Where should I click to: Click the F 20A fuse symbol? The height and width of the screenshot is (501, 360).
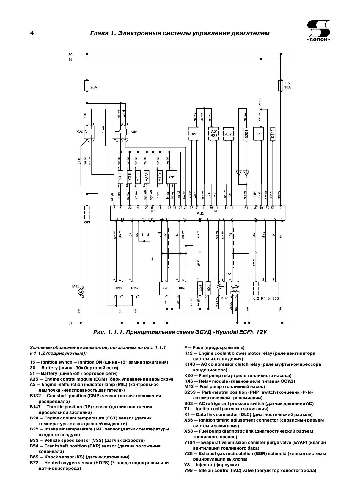click(87, 85)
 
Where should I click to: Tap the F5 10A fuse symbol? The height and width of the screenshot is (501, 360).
click(280, 85)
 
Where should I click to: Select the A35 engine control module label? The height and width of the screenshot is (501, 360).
click(201, 213)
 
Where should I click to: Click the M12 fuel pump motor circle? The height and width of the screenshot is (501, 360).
click(81, 292)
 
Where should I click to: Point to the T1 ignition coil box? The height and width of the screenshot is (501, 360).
click(258, 134)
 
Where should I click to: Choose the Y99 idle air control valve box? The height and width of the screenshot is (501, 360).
click(172, 177)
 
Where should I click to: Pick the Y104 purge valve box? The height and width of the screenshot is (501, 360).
click(160, 177)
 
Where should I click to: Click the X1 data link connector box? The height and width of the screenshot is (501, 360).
click(194, 134)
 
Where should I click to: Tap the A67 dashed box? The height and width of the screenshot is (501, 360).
click(228, 134)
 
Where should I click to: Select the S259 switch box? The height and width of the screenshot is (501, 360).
click(246, 134)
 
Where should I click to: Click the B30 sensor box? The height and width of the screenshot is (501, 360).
click(119, 288)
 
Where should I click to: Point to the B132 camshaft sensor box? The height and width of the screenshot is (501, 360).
click(135, 288)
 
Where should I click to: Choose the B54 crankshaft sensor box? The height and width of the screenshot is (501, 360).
click(164, 288)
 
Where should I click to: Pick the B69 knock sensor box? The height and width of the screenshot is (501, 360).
click(182, 288)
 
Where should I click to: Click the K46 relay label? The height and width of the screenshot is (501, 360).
click(134, 132)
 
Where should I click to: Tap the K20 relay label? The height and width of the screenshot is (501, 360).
click(80, 132)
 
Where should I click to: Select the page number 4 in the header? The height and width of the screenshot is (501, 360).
click(32, 33)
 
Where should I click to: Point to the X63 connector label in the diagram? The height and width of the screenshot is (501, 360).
click(87, 222)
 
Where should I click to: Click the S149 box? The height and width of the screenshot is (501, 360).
click(273, 134)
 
